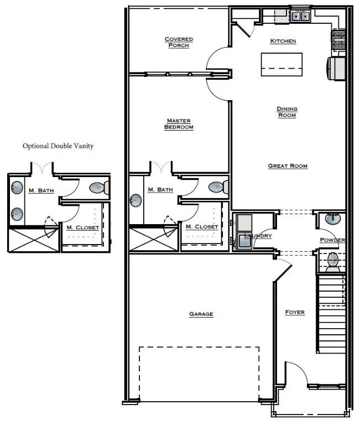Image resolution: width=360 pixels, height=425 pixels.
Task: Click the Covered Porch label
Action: point(179,42)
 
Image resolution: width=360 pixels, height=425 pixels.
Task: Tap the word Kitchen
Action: point(283,41)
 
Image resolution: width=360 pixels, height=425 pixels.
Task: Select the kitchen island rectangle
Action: point(281,64)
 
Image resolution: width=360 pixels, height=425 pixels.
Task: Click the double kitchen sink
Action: point(301,16)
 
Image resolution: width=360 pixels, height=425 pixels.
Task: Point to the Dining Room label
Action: point(287,112)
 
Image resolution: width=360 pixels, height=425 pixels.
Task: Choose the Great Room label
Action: point(288,166)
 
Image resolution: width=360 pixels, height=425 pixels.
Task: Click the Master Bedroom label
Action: point(179,124)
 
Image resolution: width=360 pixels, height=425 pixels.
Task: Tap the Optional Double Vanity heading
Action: point(58,146)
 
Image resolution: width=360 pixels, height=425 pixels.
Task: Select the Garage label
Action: point(201,314)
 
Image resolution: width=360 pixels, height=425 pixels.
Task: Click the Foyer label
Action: point(295,312)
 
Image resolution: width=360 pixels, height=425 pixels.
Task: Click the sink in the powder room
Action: point(332,218)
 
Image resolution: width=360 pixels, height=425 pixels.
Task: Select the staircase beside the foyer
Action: point(330,314)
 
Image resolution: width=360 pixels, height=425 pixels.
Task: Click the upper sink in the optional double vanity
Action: point(17,187)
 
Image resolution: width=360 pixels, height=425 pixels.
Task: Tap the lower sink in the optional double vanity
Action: point(17,213)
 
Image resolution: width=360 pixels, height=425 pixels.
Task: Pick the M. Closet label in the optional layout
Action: point(82,227)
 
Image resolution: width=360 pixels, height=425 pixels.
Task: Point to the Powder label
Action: point(332,240)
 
